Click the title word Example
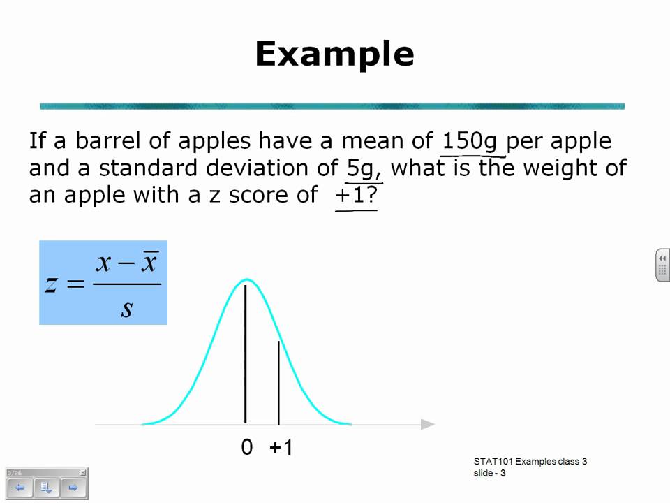(334, 54)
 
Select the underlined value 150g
(470, 142)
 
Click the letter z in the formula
(51, 284)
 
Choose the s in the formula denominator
(126, 308)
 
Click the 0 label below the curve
(246, 448)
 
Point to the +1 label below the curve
(281, 448)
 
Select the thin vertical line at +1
(279, 384)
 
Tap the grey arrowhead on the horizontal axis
(427, 424)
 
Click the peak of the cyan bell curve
(246, 281)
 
